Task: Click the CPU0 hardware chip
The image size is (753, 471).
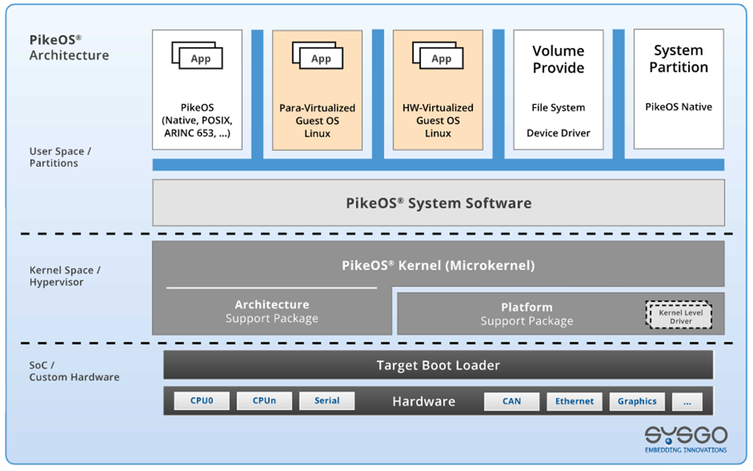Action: tap(201, 401)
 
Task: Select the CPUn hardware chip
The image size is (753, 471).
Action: tap(264, 401)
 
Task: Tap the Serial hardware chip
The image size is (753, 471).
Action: tap(326, 401)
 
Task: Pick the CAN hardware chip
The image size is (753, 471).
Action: tap(512, 402)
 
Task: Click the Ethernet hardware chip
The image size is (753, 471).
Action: tap(574, 402)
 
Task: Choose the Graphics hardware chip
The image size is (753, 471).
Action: tap(637, 402)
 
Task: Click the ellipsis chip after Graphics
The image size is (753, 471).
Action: tap(687, 402)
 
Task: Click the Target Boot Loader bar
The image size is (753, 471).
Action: tap(438, 365)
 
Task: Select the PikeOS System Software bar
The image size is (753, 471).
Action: tap(438, 203)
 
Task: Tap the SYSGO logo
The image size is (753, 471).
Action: tap(685, 438)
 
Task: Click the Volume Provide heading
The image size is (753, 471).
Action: tap(558, 59)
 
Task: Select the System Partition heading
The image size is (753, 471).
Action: tap(678, 59)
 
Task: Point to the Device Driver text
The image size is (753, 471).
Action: tap(558, 133)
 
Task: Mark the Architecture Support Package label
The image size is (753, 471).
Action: tap(272, 312)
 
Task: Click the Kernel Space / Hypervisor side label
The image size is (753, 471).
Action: tap(65, 276)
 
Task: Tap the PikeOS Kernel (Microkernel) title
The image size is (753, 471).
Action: tap(438, 265)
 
